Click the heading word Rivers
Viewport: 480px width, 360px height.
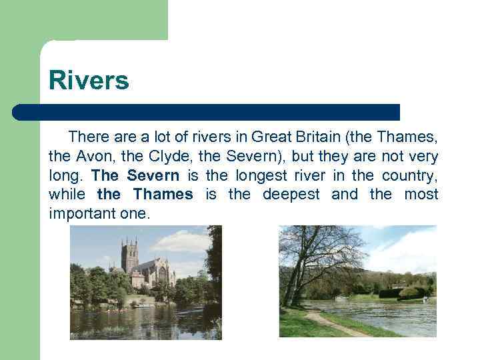89,81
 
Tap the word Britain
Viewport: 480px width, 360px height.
314,138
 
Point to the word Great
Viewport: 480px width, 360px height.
269,138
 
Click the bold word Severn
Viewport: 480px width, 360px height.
153,176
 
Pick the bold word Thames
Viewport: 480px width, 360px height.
163,195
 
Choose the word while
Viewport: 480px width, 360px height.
67,195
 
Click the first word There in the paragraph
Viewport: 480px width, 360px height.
89,138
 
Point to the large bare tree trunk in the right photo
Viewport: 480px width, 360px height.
291,280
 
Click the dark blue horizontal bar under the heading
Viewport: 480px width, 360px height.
207,112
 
